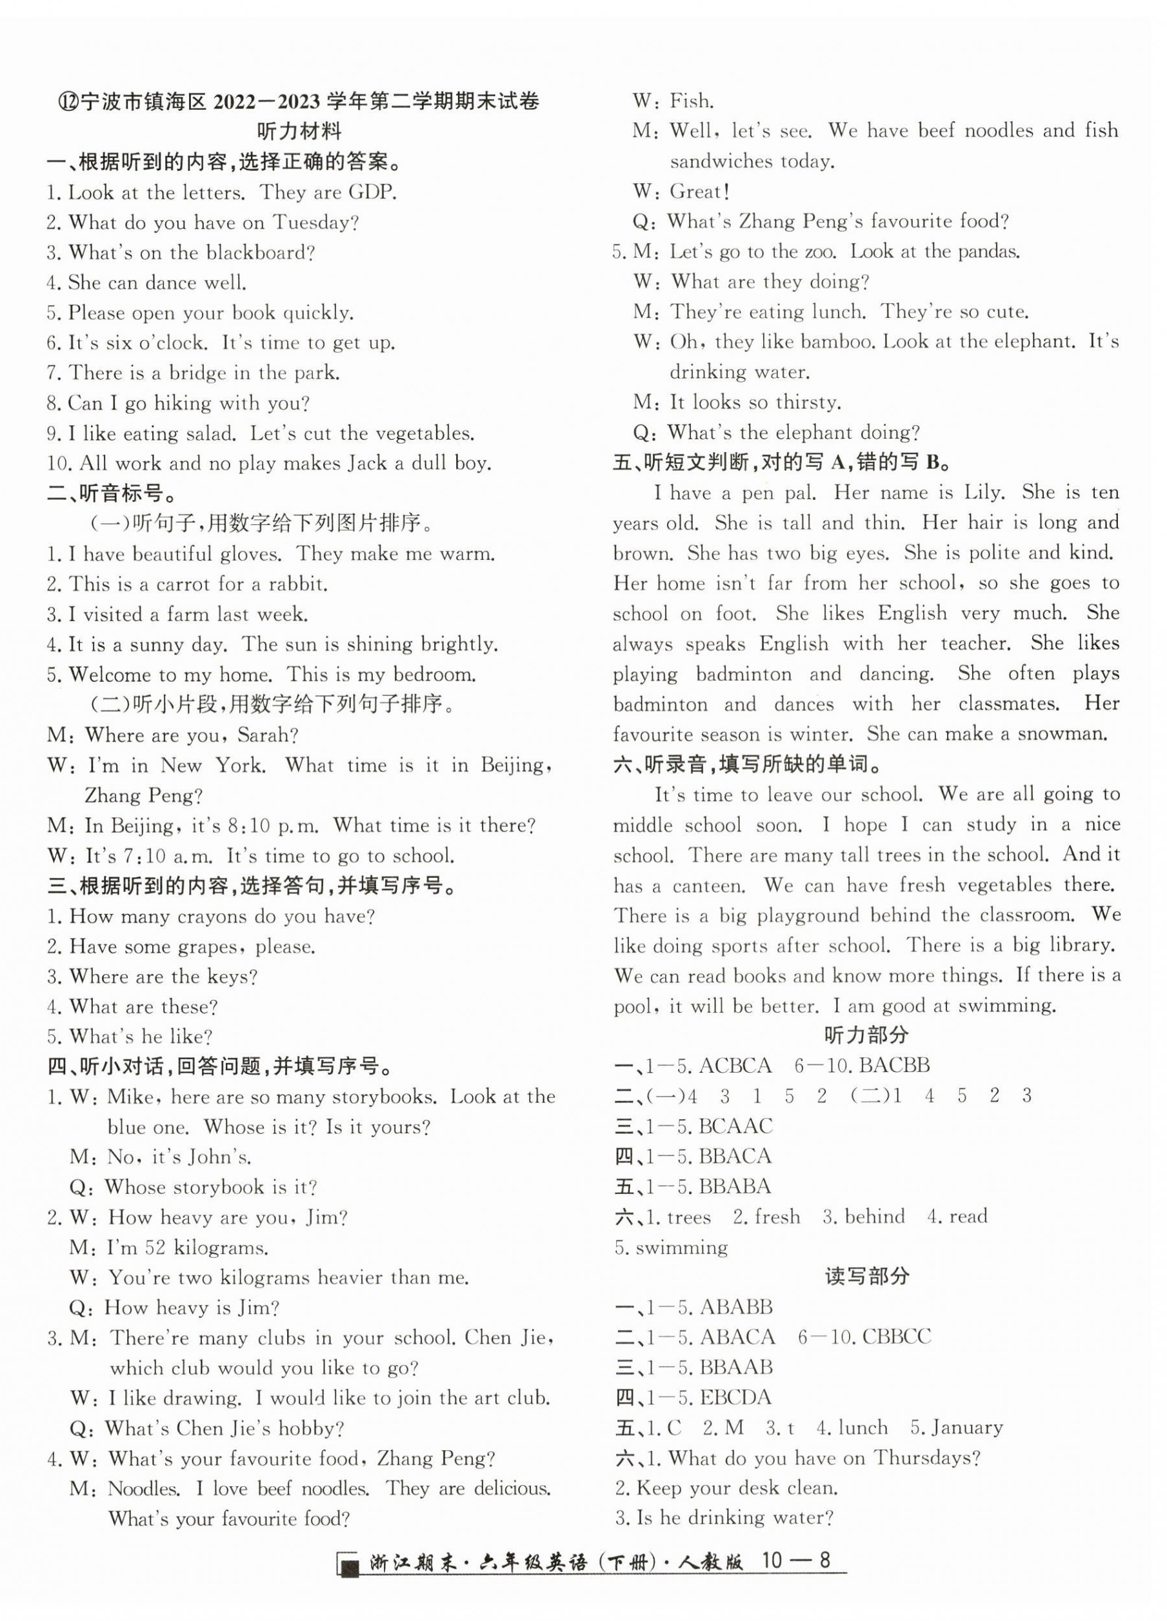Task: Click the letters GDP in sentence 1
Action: click(x=372, y=193)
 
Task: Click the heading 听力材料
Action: click(x=299, y=132)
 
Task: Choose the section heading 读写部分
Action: click(x=867, y=1277)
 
